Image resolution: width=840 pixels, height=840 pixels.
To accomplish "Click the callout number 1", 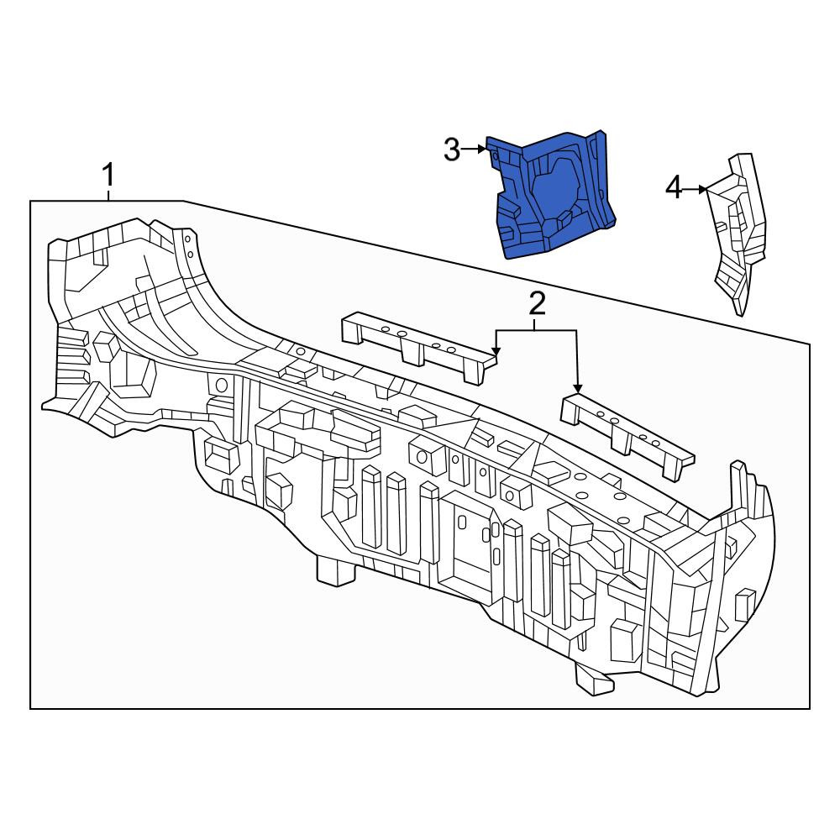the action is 108,175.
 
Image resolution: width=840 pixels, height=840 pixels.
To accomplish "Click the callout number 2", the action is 537,303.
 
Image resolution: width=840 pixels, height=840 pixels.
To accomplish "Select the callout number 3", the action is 452,150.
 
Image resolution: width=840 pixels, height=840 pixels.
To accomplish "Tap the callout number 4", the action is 674,188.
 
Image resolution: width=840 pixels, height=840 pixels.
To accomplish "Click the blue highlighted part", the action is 554,196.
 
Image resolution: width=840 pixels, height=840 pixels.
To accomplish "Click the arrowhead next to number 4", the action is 703,189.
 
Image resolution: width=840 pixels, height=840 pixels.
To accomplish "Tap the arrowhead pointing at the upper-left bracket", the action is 496,351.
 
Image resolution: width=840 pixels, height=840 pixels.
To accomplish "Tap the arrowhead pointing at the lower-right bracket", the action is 577,388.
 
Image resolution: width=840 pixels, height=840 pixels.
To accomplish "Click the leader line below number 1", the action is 108,193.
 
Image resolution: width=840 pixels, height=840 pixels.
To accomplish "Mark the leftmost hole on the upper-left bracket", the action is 384,328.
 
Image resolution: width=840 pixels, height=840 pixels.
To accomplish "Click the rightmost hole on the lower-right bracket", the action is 656,443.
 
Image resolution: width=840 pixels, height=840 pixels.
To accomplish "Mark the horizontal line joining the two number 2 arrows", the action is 536,331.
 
